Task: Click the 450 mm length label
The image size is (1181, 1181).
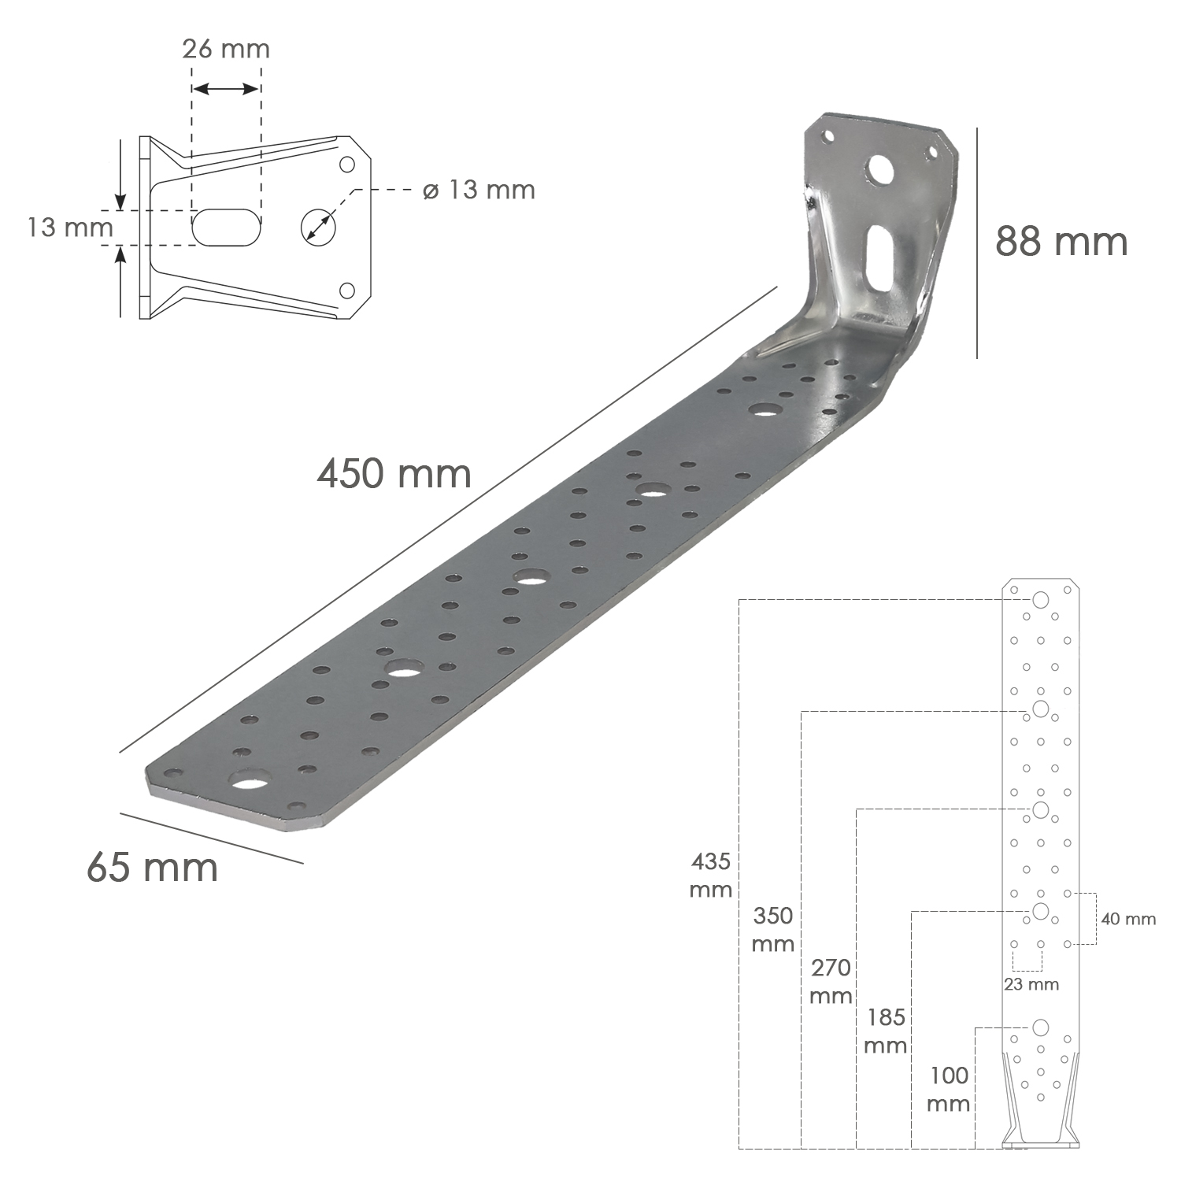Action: pos(394,474)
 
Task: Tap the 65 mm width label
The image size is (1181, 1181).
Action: pos(152,867)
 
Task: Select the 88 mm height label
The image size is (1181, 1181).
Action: pos(1061,241)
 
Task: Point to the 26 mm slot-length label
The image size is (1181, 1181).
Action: pos(226,49)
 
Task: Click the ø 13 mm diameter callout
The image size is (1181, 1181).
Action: pos(479,190)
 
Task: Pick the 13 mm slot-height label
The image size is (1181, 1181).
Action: pos(69,228)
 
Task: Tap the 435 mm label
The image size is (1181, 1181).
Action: pos(711,876)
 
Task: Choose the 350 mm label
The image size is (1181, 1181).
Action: pos(772,930)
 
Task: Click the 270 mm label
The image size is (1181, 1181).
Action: pos(830,981)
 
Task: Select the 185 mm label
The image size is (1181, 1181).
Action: pos(886,1031)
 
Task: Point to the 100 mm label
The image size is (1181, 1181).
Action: pos(949,1089)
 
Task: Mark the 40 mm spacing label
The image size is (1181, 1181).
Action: pos(1129,919)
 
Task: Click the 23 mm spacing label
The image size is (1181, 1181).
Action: pos(1031,984)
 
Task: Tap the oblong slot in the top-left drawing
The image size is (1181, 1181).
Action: pos(225,227)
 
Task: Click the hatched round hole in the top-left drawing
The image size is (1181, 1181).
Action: pos(318,227)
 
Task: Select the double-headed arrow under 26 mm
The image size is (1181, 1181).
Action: pos(226,88)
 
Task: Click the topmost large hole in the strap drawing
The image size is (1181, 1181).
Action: pos(1040,601)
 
